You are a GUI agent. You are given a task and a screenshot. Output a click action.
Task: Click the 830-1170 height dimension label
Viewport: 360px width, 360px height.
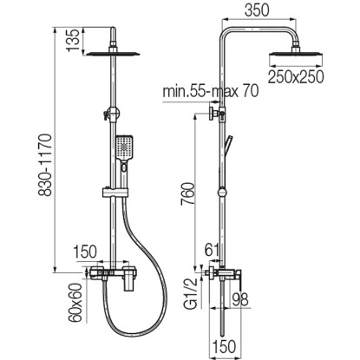[x=45, y=165]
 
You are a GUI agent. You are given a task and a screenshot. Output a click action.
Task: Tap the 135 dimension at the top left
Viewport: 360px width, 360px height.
[x=73, y=40]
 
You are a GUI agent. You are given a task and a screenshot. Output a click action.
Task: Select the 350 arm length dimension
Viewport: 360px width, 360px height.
[x=257, y=10]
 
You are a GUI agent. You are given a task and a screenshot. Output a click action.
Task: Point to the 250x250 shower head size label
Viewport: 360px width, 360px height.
[x=296, y=76]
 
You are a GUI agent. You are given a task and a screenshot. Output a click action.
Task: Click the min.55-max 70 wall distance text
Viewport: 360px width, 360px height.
[x=211, y=91]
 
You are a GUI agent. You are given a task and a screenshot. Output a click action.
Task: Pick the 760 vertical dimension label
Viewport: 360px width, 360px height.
[x=187, y=193]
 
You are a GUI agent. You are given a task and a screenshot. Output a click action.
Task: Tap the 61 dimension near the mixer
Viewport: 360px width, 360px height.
[x=212, y=250]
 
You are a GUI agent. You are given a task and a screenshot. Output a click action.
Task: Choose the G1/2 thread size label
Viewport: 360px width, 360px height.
[x=191, y=294]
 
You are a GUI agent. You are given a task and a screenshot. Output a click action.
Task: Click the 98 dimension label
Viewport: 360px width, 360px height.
[x=239, y=299]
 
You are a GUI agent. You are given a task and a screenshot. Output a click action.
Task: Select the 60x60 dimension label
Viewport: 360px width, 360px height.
[x=75, y=303]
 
